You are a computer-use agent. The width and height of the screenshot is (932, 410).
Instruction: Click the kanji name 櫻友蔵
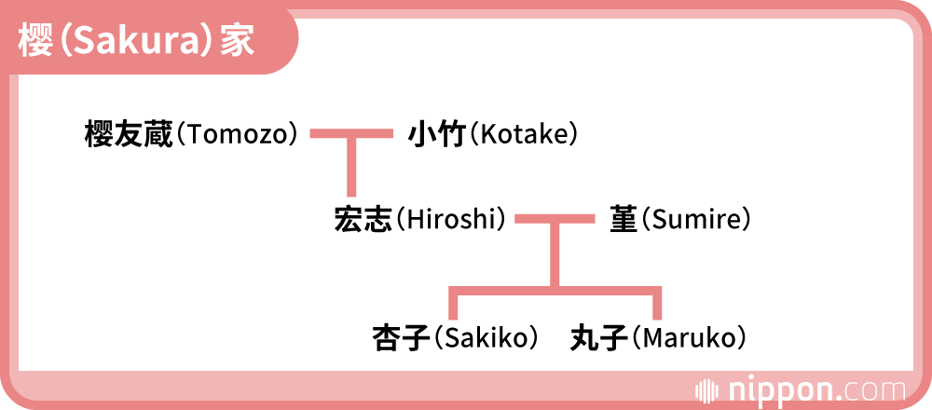pos(129,135)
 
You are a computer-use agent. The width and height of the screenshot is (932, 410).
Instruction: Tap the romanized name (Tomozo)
pos(238,135)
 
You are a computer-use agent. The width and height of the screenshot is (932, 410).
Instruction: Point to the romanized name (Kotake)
pos(523,135)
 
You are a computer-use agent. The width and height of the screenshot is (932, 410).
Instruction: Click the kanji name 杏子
pos(400,336)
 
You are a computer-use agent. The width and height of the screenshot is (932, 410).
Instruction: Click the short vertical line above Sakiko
pos(453,304)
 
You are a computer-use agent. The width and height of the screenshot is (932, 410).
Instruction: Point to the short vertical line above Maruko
pos(657,304)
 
